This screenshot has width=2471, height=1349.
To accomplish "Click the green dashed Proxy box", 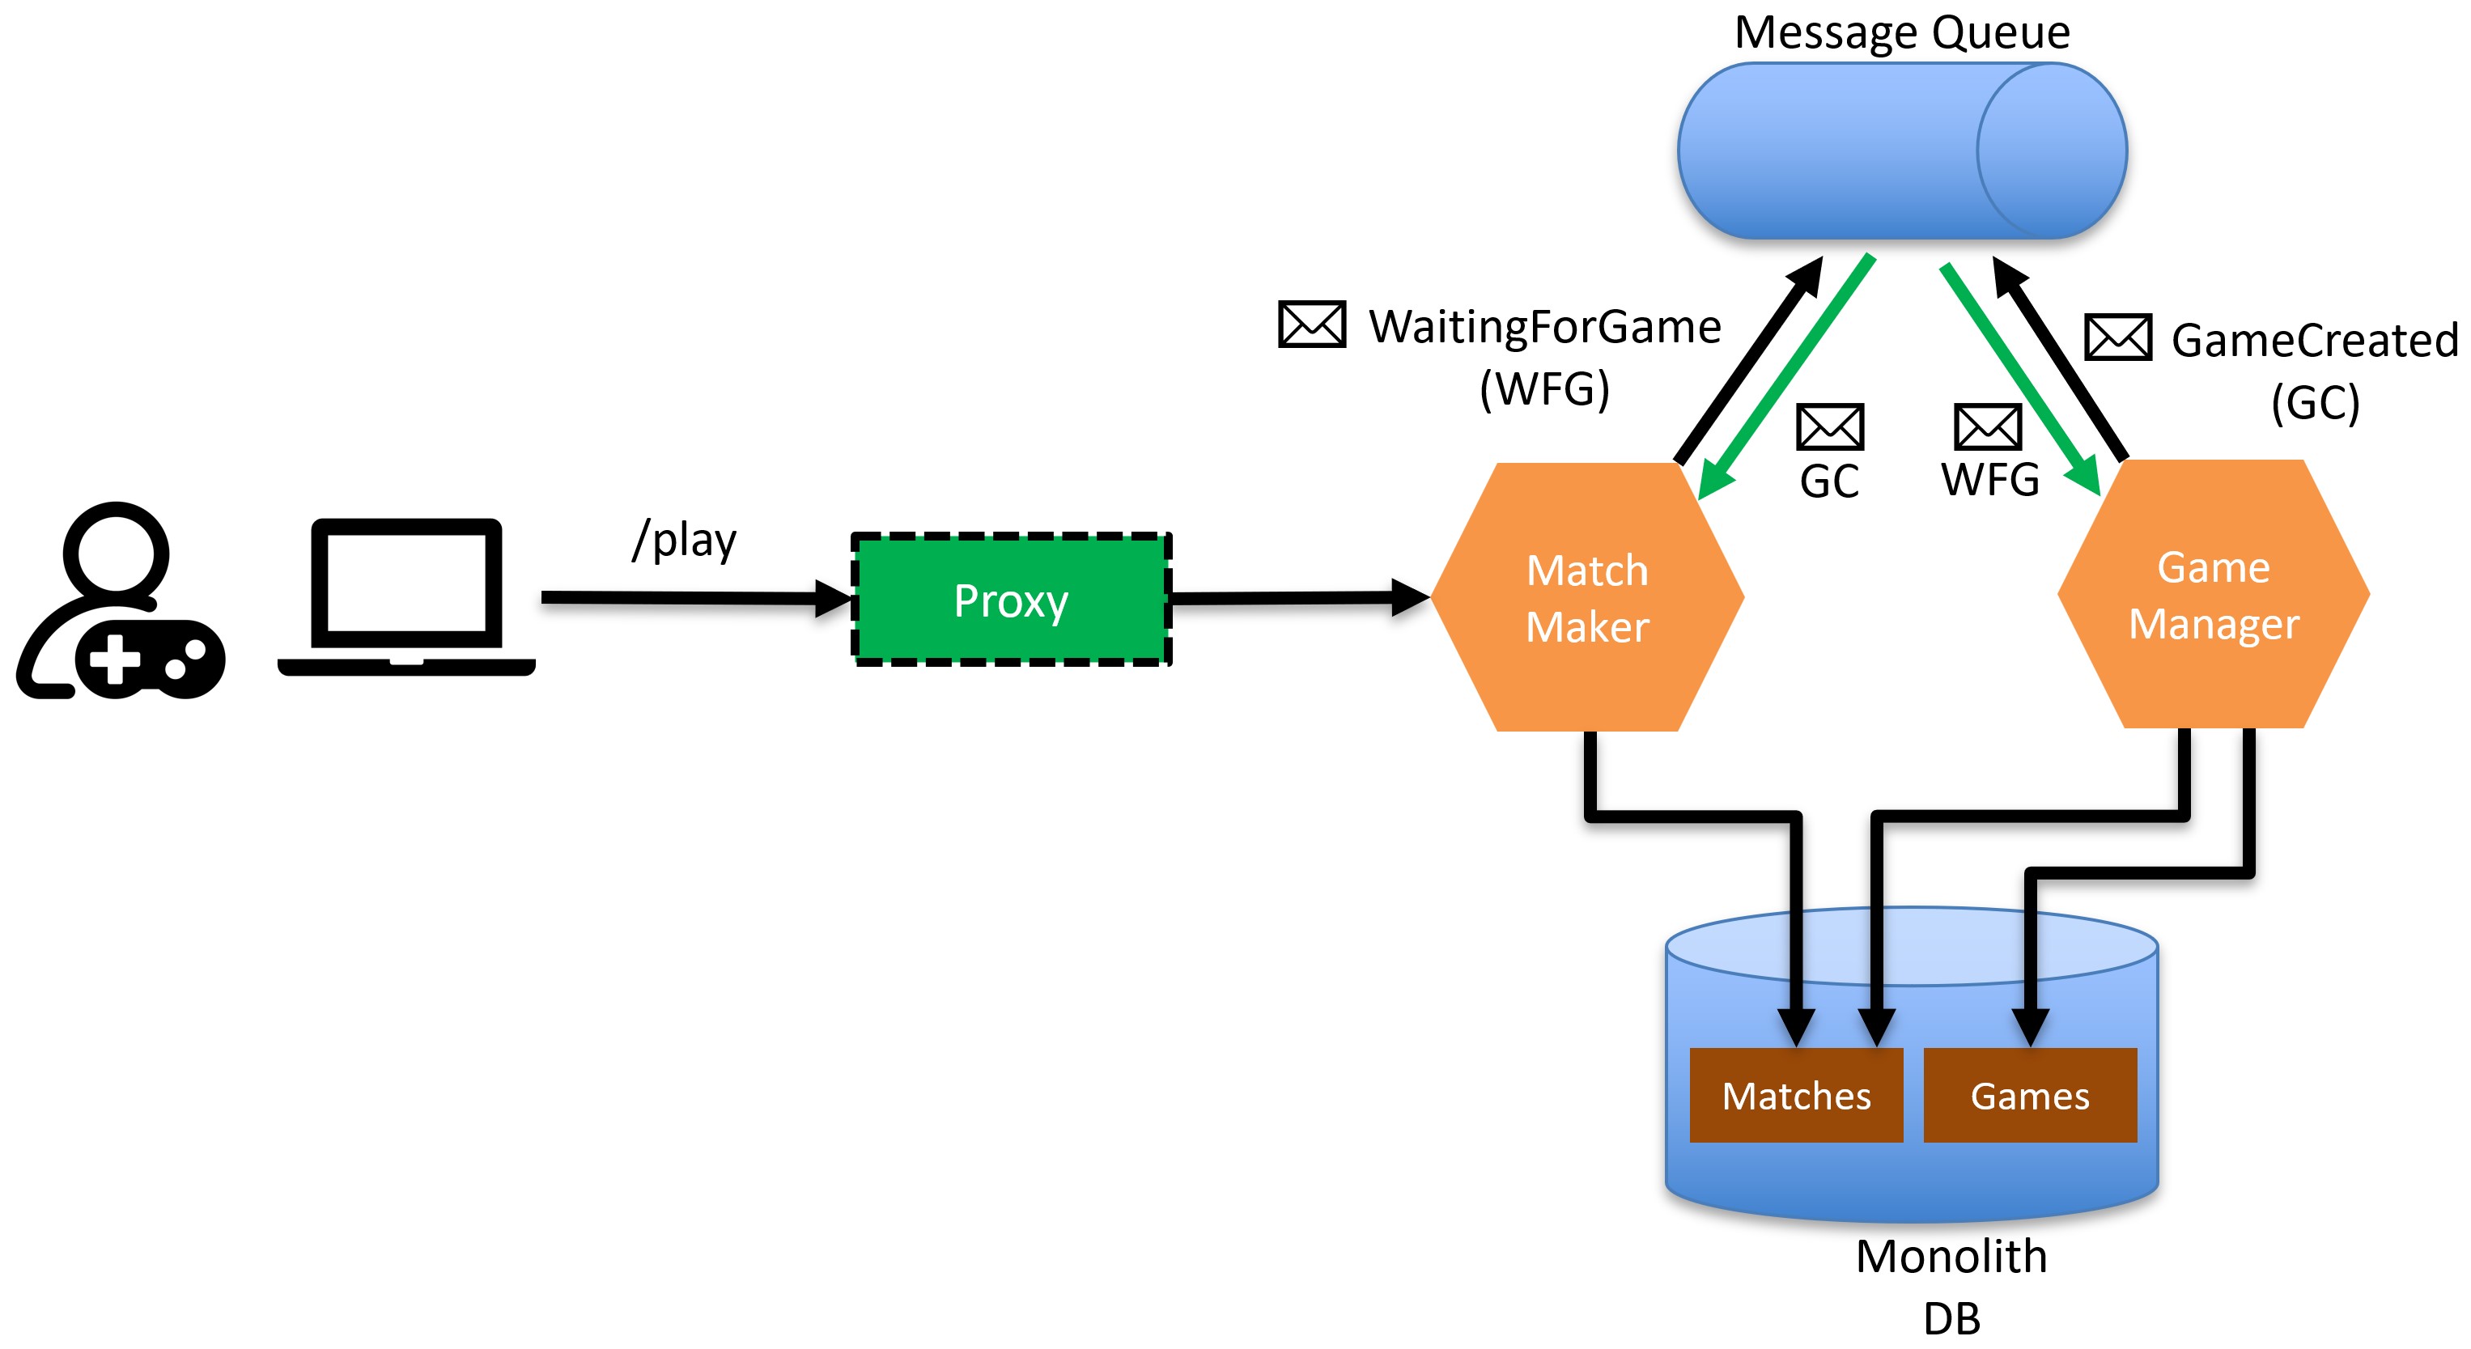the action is [x=1011, y=599].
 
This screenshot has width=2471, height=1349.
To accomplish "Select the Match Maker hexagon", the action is [x=1587, y=597].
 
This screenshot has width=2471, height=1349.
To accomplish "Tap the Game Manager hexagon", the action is [x=2214, y=595].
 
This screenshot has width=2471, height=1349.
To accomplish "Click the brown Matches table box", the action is [x=1796, y=1095].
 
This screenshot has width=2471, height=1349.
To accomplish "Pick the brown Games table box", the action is [x=2030, y=1095].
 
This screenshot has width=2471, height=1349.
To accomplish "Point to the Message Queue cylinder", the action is [x=1902, y=151].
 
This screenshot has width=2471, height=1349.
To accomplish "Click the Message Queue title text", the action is [x=1902, y=32].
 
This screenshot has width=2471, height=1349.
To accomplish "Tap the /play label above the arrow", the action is [x=684, y=539].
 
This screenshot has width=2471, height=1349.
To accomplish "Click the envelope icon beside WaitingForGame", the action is [x=1311, y=324].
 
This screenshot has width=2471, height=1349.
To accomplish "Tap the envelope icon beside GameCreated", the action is [x=2118, y=337].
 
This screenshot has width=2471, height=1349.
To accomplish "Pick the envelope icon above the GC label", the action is [x=1830, y=426].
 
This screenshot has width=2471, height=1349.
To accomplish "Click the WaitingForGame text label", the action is [x=1544, y=327].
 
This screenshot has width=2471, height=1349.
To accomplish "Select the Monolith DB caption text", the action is [x=1951, y=1287].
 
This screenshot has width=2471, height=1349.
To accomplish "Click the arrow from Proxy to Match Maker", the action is [x=1301, y=598].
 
